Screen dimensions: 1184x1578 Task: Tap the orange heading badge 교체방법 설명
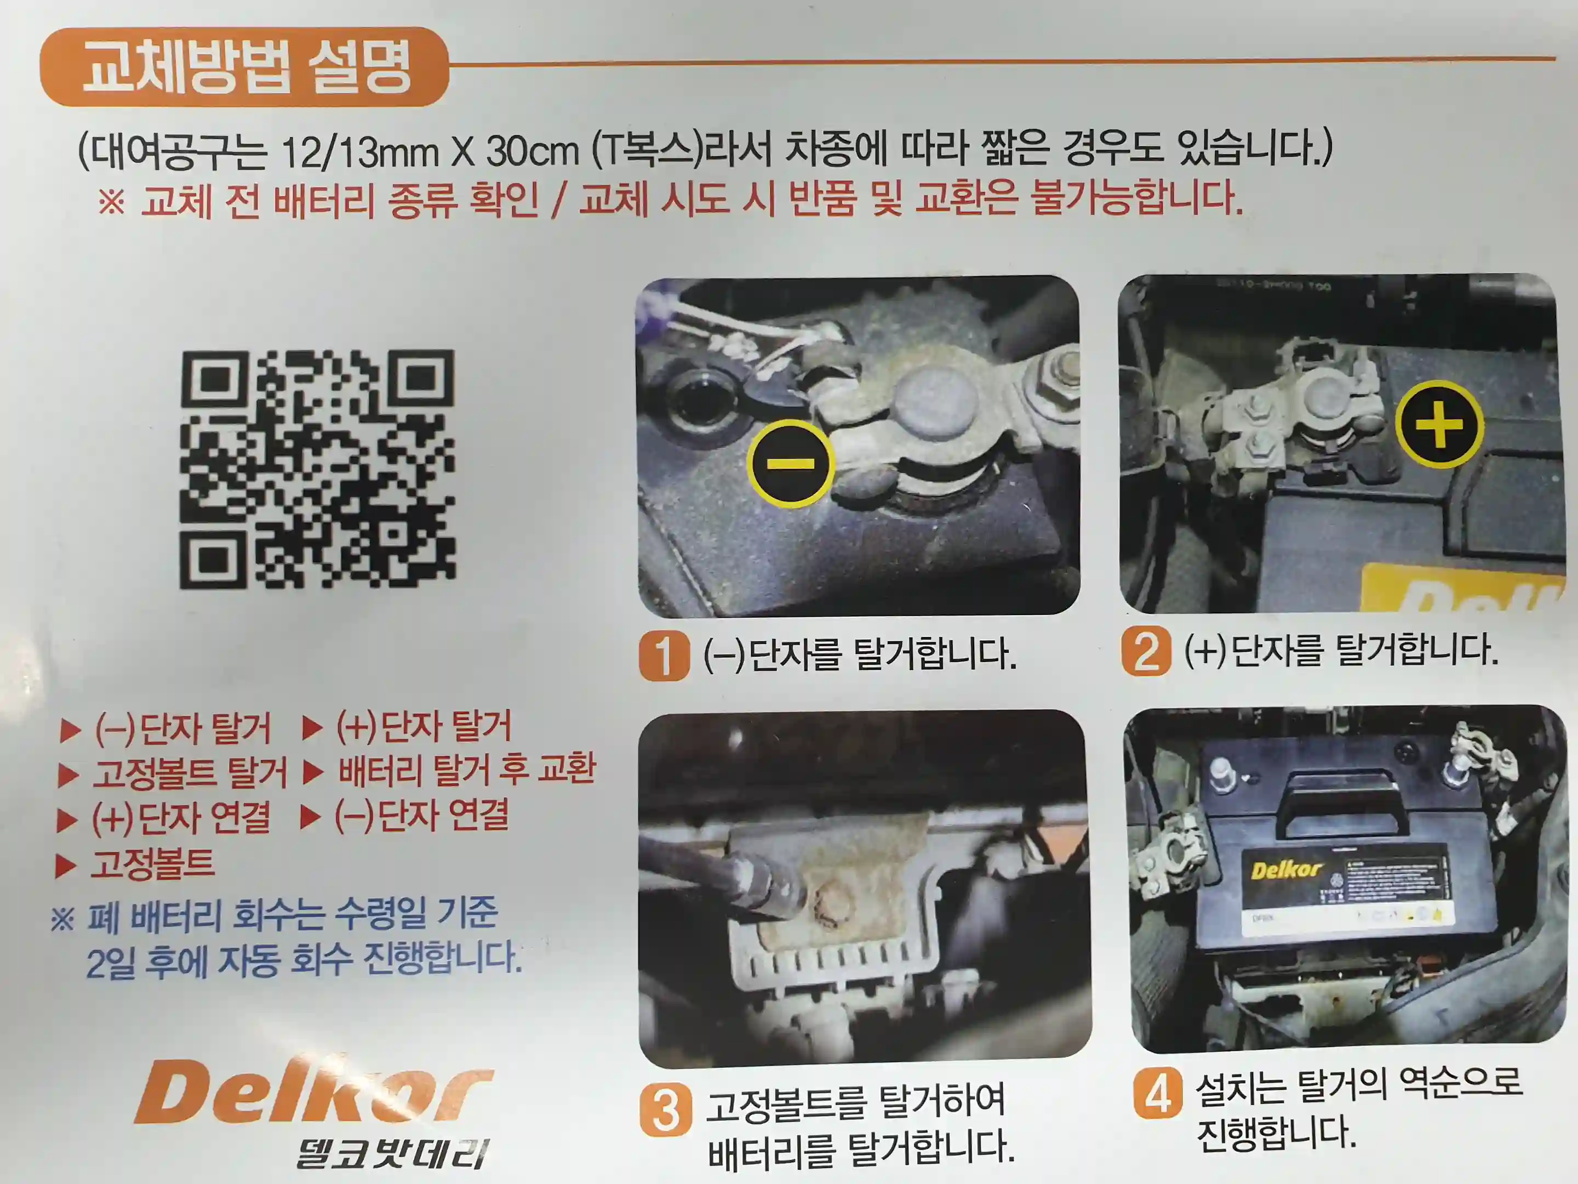pos(245,66)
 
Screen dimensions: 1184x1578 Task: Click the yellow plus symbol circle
pos(1438,424)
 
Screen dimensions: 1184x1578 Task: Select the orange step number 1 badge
pos(664,655)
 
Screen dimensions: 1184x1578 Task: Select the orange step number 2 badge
pos(1146,651)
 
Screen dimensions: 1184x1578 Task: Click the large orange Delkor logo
pos(314,1091)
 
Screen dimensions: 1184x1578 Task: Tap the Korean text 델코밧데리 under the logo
pos(392,1153)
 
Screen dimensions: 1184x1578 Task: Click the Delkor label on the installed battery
pos(1285,870)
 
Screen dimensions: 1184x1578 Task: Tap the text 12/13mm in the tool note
pos(361,152)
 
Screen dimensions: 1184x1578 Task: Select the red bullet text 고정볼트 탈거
pos(190,773)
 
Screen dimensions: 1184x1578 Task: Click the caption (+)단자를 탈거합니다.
pos(1341,650)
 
